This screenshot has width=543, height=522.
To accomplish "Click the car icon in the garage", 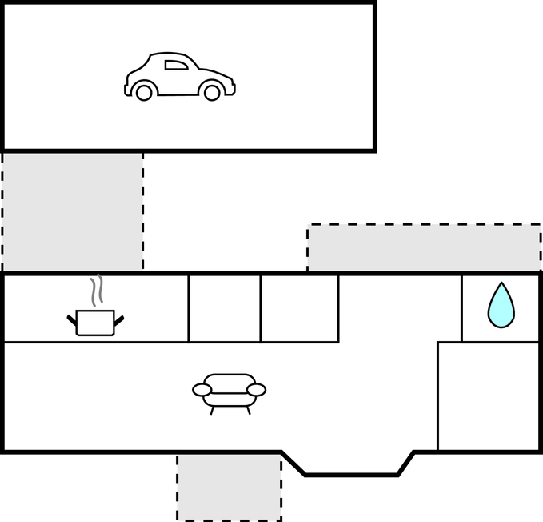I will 179,77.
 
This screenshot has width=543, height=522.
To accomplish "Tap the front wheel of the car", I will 212,93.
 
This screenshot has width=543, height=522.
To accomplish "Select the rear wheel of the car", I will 144,93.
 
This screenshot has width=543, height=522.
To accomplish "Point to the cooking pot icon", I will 95,322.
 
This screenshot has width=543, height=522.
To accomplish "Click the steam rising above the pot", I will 97,291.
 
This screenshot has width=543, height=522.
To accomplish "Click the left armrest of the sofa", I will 202,390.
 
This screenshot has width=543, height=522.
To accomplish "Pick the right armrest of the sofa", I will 256,390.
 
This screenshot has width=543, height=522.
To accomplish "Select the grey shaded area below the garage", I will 72,211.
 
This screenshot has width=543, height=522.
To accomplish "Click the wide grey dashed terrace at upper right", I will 424,248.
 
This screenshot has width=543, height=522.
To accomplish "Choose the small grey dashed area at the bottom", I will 229,486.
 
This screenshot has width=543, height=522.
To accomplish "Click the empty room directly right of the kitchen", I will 225,308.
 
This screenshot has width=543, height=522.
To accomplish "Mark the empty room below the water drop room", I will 489,396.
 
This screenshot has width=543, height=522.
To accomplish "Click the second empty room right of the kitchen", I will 299,308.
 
